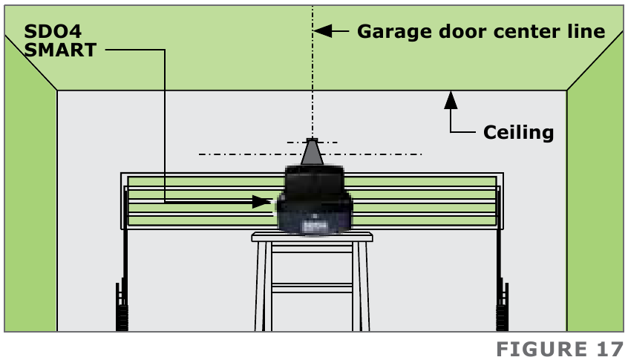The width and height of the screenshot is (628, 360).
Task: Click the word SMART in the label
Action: [x=61, y=50]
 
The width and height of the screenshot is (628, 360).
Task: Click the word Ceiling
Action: [x=518, y=133]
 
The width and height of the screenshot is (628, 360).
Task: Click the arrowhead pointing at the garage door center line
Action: [x=322, y=31]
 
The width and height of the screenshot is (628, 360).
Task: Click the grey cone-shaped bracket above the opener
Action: [x=312, y=154]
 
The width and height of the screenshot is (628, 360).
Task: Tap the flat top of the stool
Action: [x=312, y=237]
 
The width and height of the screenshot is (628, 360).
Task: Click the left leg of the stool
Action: [x=261, y=286]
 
